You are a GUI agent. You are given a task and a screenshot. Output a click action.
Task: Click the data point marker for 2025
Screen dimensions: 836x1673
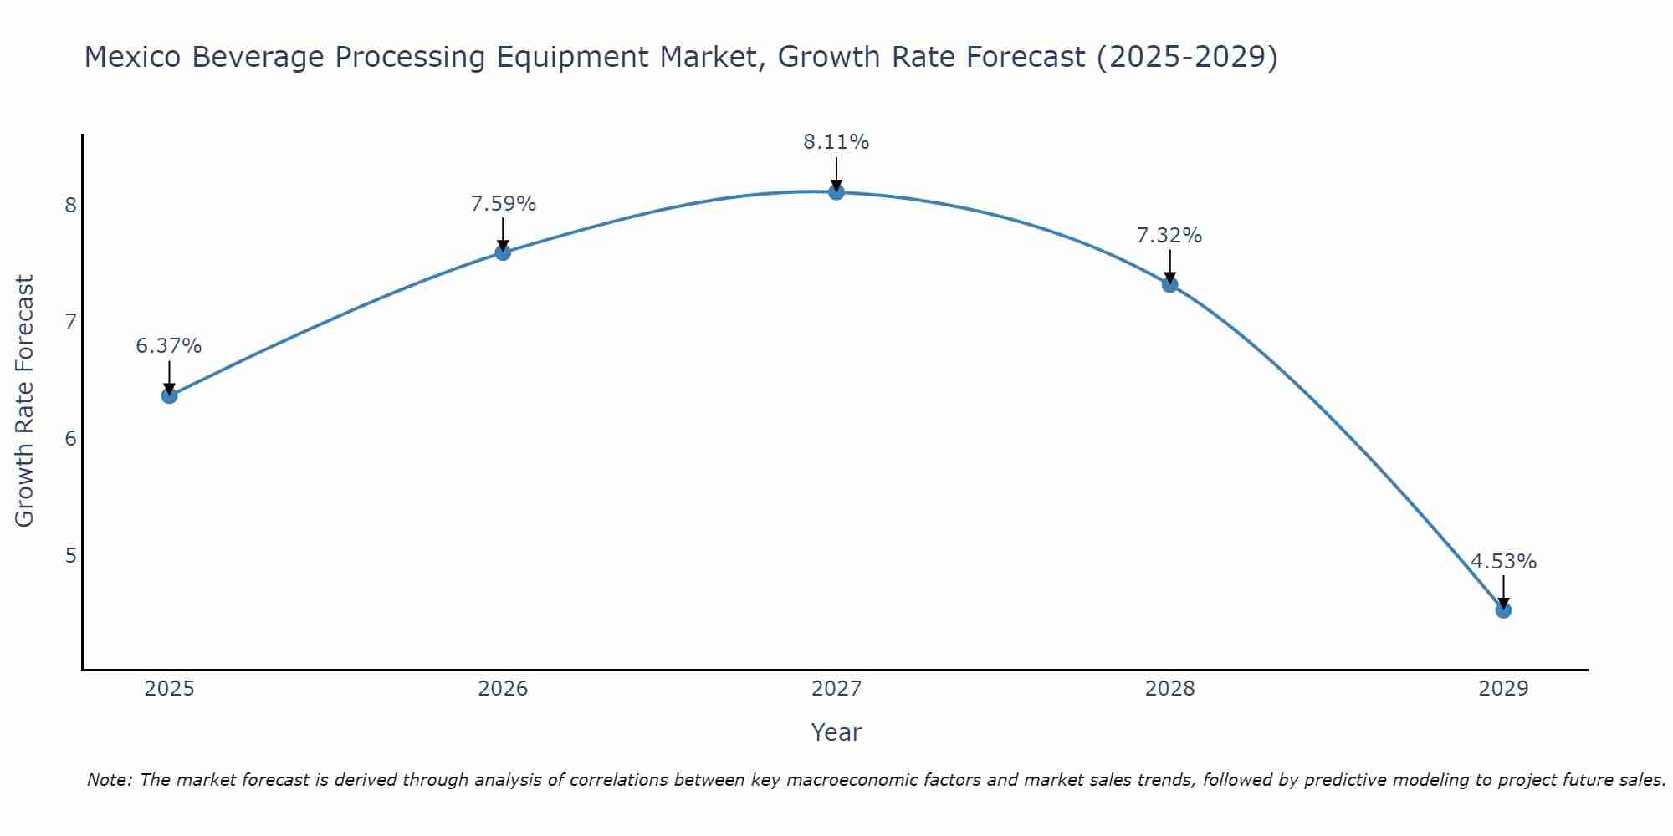(169, 395)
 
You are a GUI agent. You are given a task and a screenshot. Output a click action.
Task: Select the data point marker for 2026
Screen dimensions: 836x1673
(503, 252)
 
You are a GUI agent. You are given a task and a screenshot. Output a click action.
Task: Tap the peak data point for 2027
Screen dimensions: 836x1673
(836, 192)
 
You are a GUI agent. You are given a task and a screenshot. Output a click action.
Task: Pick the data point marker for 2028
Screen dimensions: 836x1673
(1170, 284)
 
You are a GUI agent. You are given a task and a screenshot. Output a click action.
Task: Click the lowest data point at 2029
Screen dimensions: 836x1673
(1503, 610)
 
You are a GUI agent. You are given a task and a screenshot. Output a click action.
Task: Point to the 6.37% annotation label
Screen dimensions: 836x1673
(169, 346)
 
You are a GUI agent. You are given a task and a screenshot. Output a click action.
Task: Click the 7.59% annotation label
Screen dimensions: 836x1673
(503, 204)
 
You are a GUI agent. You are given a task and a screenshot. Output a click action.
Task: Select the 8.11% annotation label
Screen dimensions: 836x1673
(836, 142)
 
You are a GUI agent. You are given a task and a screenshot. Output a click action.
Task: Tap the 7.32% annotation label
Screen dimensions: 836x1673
(1169, 236)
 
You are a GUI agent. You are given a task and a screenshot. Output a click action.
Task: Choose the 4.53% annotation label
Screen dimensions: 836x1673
(1503, 562)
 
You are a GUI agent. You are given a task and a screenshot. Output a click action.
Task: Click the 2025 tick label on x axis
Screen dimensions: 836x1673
(169, 689)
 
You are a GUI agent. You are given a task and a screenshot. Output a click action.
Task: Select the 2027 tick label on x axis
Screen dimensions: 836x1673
(836, 689)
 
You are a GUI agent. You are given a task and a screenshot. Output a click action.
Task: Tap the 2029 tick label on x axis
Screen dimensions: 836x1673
(1503, 689)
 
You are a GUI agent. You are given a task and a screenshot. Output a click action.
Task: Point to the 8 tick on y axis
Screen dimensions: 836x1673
(71, 205)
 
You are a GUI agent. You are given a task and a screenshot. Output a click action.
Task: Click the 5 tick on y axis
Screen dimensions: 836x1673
(71, 555)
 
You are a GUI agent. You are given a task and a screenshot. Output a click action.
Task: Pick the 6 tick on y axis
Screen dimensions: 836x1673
(71, 438)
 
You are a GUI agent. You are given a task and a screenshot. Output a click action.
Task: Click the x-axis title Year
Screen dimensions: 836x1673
(836, 732)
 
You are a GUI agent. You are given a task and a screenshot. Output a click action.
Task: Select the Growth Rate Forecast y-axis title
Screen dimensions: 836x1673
(25, 401)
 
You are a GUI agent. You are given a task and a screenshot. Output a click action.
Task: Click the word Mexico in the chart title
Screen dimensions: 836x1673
(133, 57)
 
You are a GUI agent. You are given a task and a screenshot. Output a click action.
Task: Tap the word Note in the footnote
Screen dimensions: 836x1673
(109, 780)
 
